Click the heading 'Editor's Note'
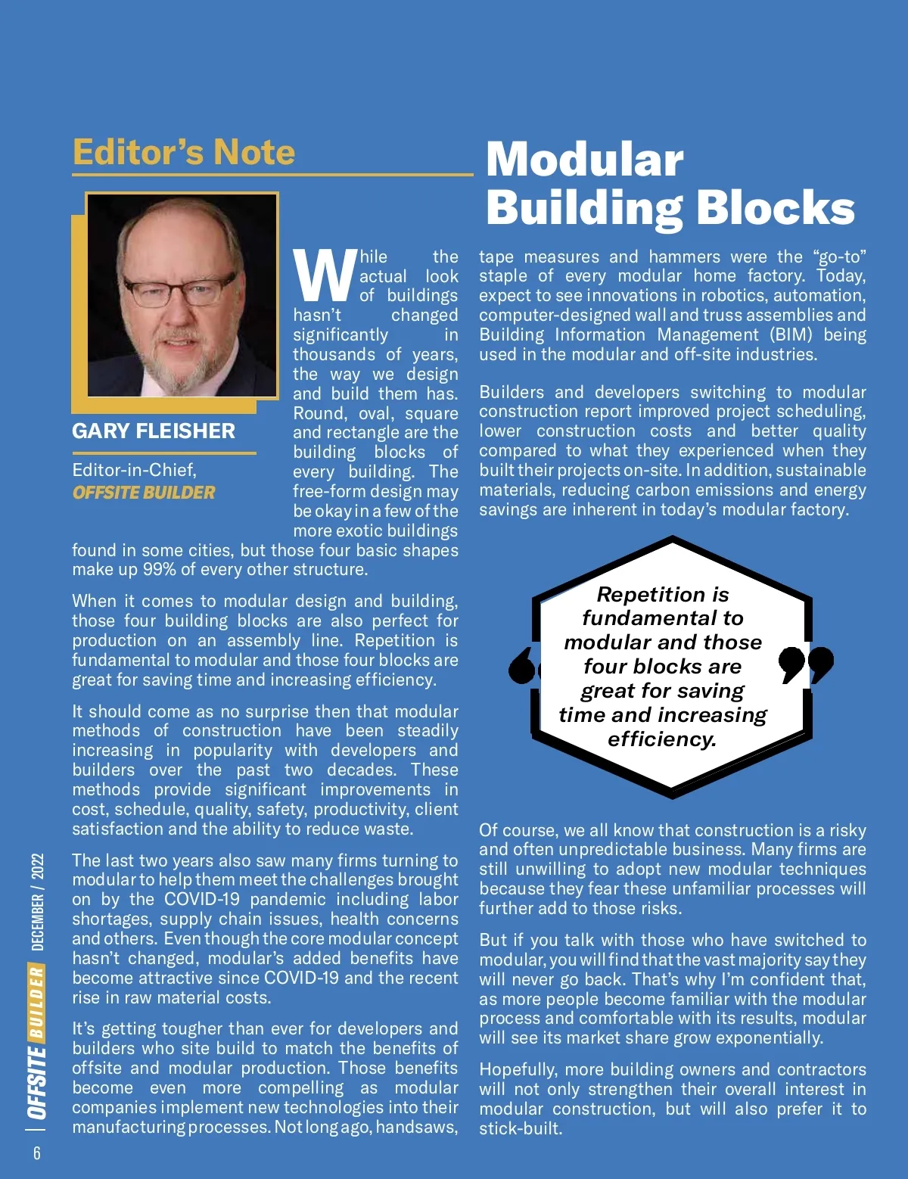[x=184, y=152]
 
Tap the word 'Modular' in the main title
[x=585, y=160]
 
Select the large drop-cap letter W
[x=325, y=275]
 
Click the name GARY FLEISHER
[x=154, y=431]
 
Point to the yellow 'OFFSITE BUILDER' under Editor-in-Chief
[x=144, y=493]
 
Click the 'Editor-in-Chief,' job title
[x=134, y=470]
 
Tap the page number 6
[x=36, y=1153]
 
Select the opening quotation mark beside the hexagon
[x=523, y=665]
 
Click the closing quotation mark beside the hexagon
[x=806, y=664]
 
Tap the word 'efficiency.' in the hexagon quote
[x=662, y=739]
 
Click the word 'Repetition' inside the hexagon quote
[x=642, y=595]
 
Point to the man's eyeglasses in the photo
[x=180, y=289]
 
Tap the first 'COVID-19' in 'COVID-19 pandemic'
[x=202, y=900]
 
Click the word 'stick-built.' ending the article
[x=521, y=1128]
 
